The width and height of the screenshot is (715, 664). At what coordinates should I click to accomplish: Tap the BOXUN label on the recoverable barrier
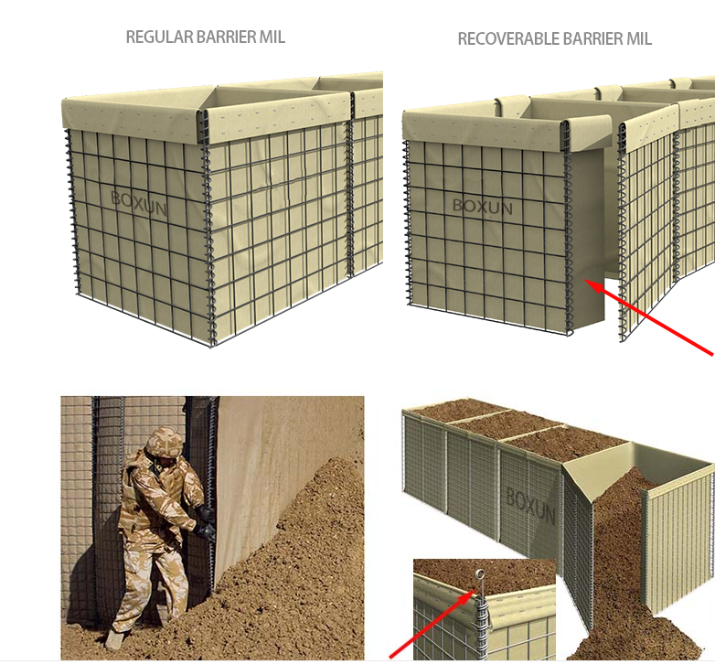[483, 207]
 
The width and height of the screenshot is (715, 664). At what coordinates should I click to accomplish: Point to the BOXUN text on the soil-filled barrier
[530, 506]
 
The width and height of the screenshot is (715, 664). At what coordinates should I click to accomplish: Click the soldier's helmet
[165, 440]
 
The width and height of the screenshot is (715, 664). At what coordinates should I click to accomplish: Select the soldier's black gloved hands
[204, 523]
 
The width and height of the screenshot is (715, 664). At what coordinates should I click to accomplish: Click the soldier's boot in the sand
[114, 638]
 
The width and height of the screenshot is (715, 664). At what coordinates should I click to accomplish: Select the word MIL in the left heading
[272, 37]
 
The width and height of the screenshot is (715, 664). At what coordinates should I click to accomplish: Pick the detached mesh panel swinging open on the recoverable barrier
[647, 228]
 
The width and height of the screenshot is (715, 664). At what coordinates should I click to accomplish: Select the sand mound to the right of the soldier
[292, 570]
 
